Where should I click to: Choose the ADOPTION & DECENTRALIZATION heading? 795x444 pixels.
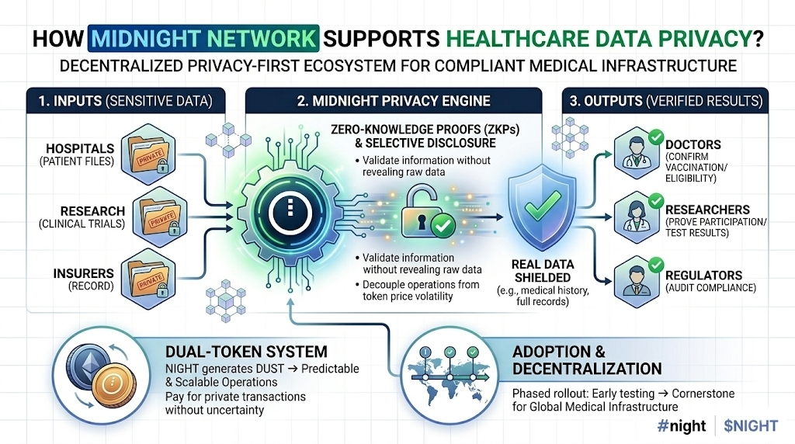tap(587, 359)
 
